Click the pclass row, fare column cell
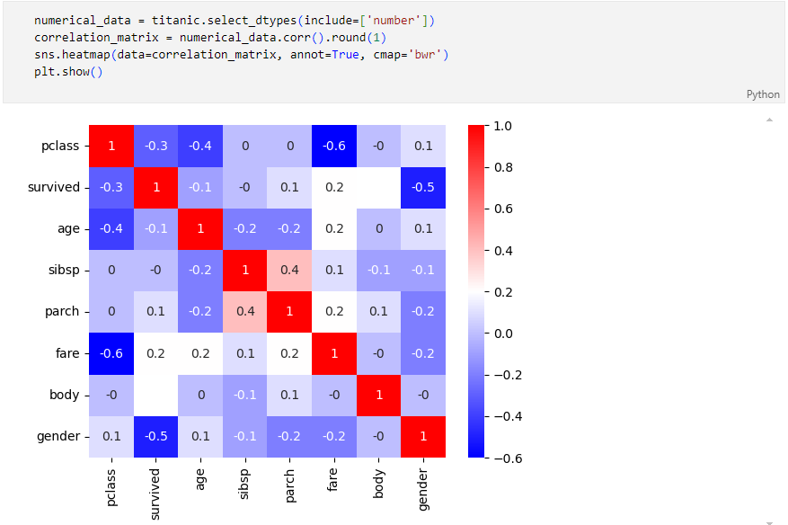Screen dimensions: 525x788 pos(334,146)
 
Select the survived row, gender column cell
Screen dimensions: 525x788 pos(423,187)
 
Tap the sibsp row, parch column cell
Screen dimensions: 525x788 pos(289,270)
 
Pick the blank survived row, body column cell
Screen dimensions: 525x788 pos(379,187)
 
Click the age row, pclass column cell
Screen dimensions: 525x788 pos(111,228)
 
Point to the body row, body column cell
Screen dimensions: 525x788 pos(379,395)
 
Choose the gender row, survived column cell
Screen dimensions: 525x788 pos(156,437)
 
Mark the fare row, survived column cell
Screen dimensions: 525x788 pos(156,353)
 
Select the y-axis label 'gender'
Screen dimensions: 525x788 pos(58,437)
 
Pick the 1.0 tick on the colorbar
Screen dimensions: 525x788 pos(502,126)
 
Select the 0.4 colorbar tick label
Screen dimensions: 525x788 pos(502,251)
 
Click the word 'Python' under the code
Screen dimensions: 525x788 pos(763,93)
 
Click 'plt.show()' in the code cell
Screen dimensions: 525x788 pos(68,72)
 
